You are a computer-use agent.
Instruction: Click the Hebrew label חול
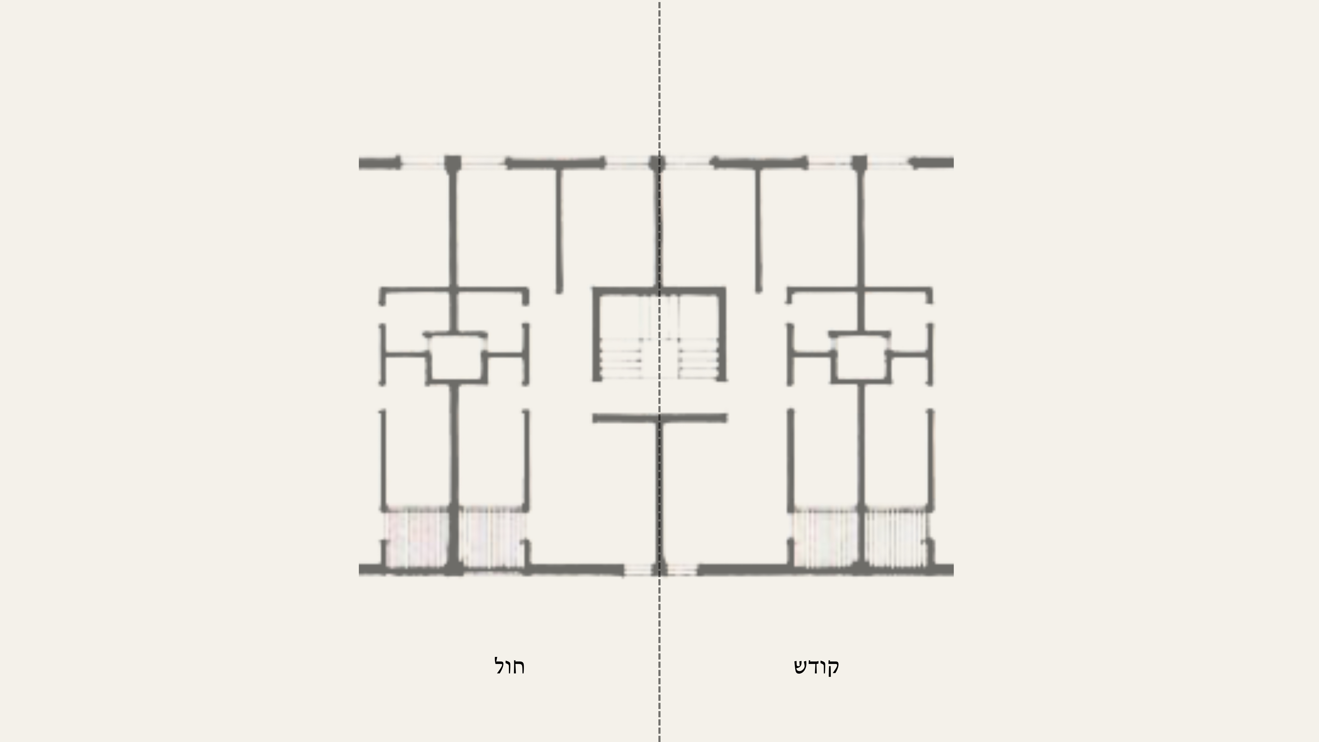point(510,666)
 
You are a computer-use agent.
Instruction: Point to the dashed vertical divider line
point(659,371)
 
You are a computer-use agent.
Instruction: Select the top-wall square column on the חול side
point(453,163)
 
